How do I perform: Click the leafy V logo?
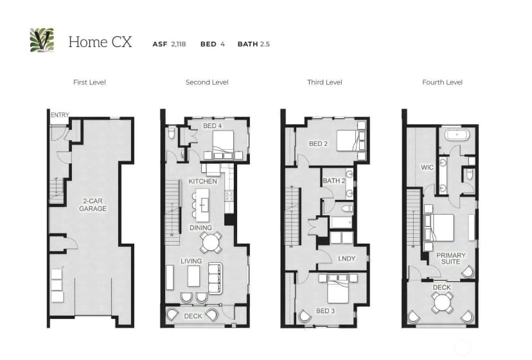click(x=42, y=40)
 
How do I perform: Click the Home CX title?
click(x=100, y=42)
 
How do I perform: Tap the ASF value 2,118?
click(x=179, y=44)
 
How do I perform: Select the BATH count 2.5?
click(x=265, y=44)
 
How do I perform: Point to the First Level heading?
click(x=89, y=82)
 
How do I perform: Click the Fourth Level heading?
click(x=442, y=82)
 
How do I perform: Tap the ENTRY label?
click(x=60, y=115)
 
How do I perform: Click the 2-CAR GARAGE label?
click(x=93, y=205)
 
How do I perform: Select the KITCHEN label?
click(x=202, y=181)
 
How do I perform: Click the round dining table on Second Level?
click(x=210, y=242)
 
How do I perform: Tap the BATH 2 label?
click(x=334, y=181)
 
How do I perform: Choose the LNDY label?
click(x=346, y=258)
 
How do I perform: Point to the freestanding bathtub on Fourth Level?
click(x=457, y=135)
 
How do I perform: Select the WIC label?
click(x=427, y=167)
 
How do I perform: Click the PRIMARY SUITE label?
click(x=450, y=258)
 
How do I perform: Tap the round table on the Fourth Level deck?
click(x=442, y=302)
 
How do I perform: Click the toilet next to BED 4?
click(x=172, y=133)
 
